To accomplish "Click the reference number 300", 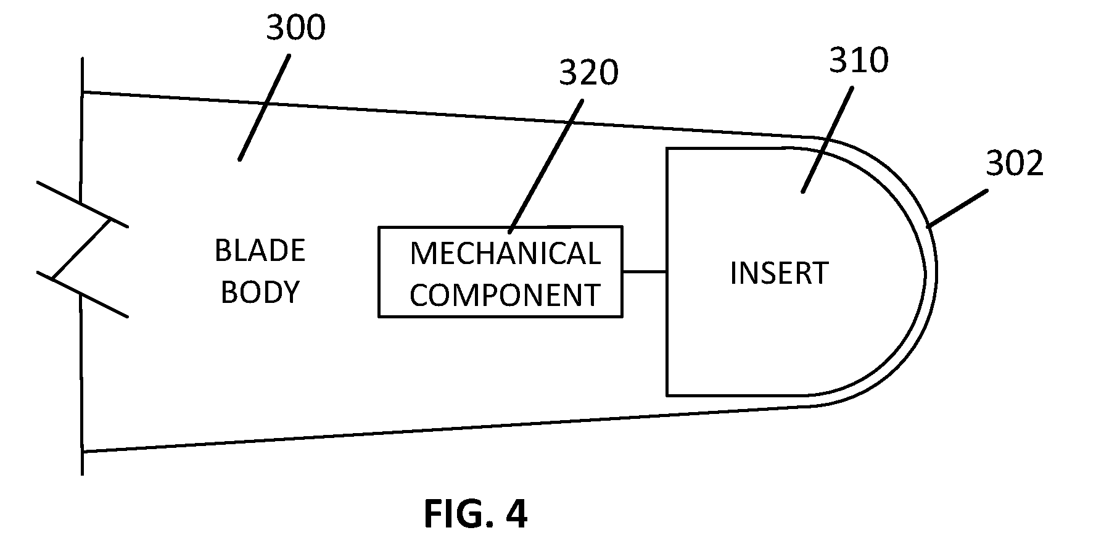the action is [x=295, y=29].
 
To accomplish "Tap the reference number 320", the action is [x=588, y=73].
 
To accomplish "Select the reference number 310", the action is [x=859, y=60].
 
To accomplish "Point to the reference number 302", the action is [x=1015, y=163].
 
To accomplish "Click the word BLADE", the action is [x=260, y=250].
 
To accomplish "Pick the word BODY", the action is [x=260, y=292].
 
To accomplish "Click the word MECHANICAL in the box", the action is [x=505, y=254].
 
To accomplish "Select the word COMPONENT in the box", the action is [x=505, y=295].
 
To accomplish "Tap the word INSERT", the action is [x=778, y=273].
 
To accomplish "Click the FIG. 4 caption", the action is [x=476, y=514].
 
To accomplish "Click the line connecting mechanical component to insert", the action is [x=645, y=271].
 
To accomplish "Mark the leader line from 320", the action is [x=546, y=167].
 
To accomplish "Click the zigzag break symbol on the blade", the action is [x=83, y=250].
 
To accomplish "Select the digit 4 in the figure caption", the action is [x=516, y=514].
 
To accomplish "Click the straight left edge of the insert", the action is [x=667, y=271].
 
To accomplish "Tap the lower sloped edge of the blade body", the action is [x=447, y=429].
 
